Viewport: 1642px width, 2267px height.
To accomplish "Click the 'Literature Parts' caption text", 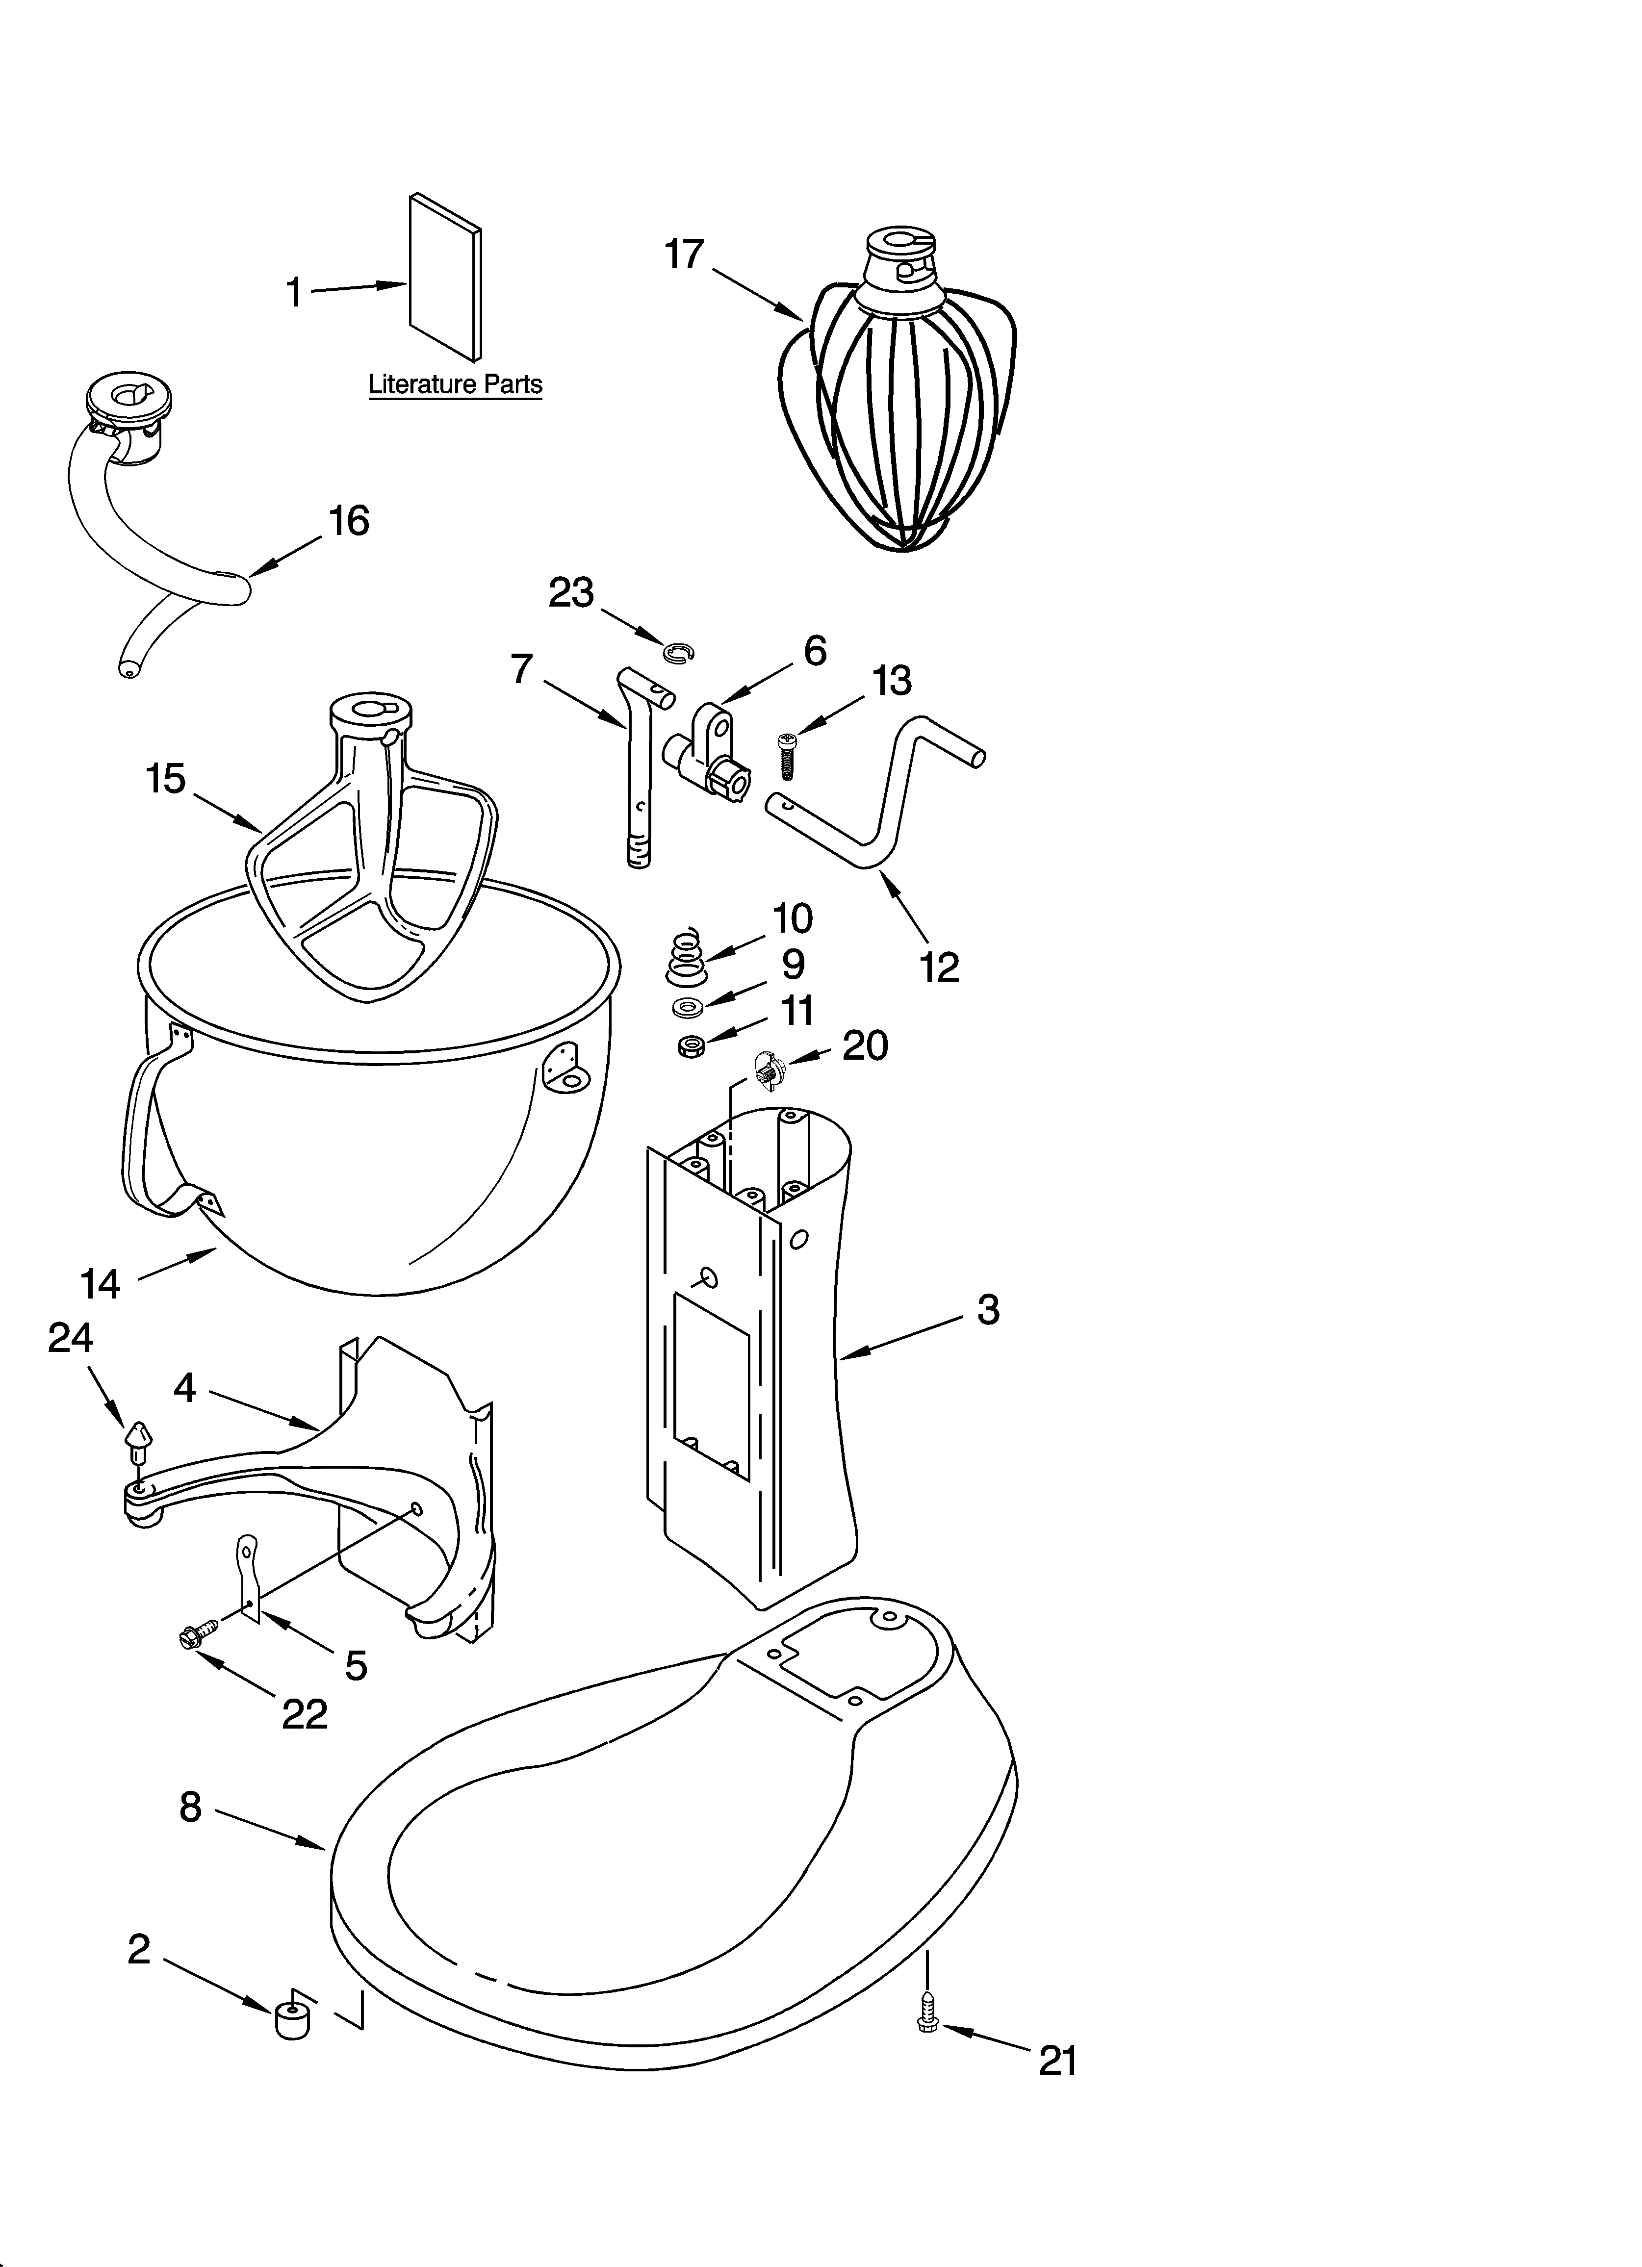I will pos(455,384).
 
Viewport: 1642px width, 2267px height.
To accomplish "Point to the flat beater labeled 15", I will pos(370,860).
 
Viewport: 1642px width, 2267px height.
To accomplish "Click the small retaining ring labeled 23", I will pos(678,653).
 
